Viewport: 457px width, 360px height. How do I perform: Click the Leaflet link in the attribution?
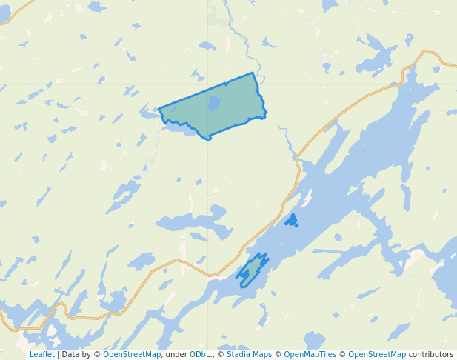coord(41,355)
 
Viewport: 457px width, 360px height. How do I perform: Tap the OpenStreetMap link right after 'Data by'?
coord(131,355)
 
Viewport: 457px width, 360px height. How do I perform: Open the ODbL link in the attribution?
coord(200,355)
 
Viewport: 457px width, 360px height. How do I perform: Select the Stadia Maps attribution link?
coord(249,355)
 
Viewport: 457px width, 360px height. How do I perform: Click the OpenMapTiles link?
coord(310,355)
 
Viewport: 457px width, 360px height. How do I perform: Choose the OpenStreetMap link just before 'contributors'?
coord(376,355)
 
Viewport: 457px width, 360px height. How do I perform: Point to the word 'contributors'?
coord(430,355)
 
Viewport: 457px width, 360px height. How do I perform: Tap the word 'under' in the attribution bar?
coord(176,355)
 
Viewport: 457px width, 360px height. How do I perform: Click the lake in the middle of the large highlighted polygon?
coord(214,104)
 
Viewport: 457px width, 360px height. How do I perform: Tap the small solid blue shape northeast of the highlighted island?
coord(292,220)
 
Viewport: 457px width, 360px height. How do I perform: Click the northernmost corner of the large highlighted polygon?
coord(253,73)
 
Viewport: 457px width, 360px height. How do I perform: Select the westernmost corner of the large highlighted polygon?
coord(159,110)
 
